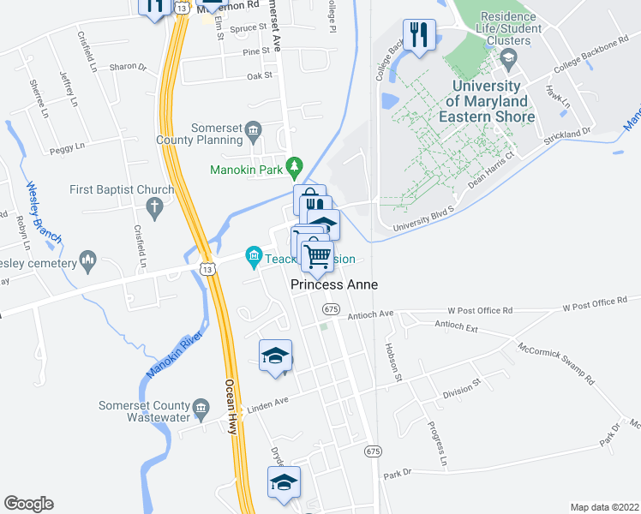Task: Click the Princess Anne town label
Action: tap(334, 284)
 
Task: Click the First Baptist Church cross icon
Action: tap(154, 206)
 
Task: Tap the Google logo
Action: tap(28, 504)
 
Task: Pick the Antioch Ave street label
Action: tap(370, 315)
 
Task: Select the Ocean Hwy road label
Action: tap(230, 407)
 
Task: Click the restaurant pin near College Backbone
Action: tap(419, 36)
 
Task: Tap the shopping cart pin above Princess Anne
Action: tap(318, 257)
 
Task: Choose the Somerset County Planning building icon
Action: tap(253, 131)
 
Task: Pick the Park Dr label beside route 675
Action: tap(398, 473)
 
